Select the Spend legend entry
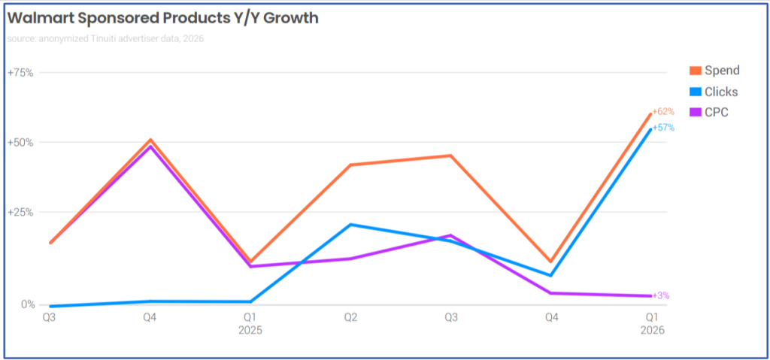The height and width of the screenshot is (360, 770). [x=721, y=71]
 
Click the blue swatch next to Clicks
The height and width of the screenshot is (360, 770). [x=696, y=92]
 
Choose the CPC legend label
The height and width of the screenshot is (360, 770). [x=716, y=113]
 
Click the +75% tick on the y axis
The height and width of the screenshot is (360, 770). [x=20, y=72]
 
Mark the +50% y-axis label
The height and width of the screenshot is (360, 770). [x=20, y=142]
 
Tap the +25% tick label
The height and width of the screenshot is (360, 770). [x=20, y=212]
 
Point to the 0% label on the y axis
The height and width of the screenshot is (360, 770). [x=28, y=304]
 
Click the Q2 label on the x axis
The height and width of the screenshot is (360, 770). [x=350, y=318]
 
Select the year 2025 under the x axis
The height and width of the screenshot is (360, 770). [x=250, y=330]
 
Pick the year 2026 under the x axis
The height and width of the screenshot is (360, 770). [x=652, y=330]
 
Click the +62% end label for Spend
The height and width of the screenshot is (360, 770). [x=663, y=111]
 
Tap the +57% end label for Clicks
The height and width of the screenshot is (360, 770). [x=663, y=128]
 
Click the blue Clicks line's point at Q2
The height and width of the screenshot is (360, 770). [x=350, y=225]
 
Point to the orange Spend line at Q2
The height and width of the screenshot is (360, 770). [x=350, y=165]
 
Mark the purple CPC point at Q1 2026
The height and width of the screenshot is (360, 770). [x=650, y=295]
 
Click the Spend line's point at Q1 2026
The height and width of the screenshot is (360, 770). [x=650, y=113]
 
